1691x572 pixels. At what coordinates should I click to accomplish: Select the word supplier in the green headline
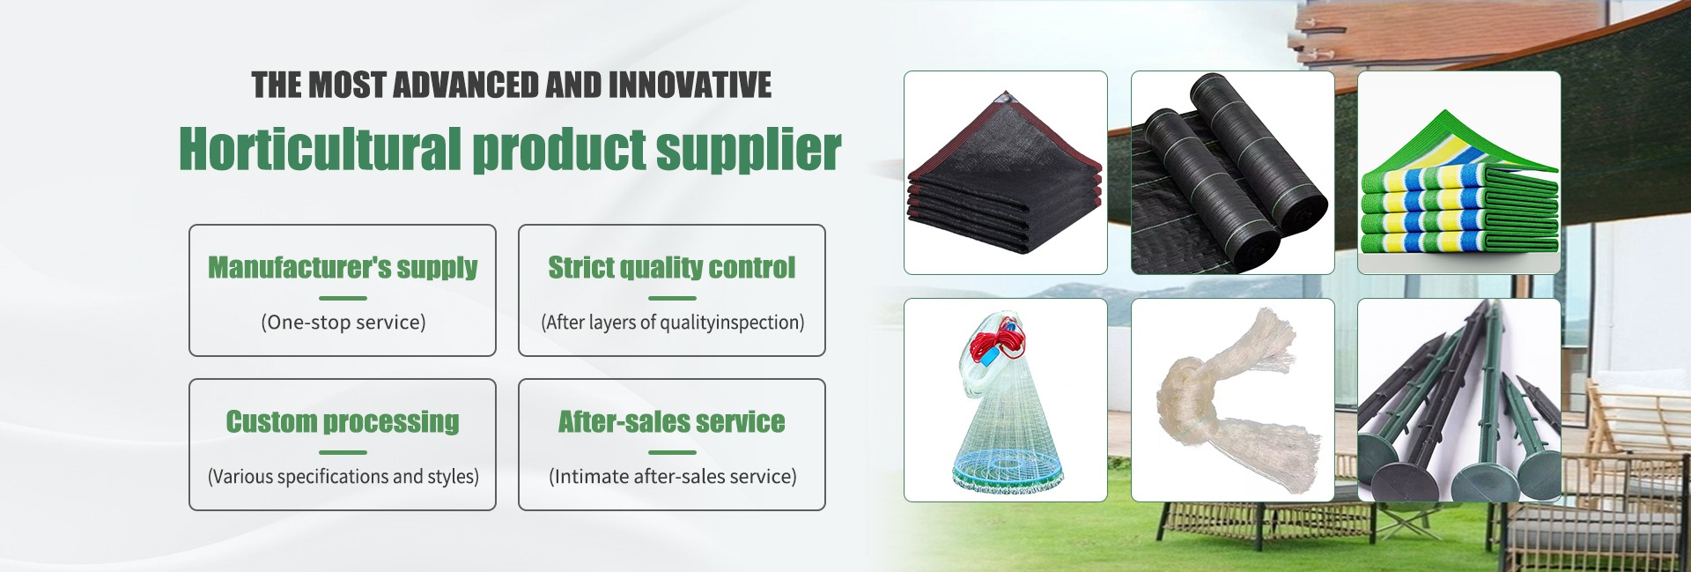(x=749, y=150)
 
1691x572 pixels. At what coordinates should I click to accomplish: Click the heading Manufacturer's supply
(x=343, y=267)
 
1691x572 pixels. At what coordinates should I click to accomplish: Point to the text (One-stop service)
(x=343, y=323)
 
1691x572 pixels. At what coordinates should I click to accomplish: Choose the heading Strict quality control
(x=672, y=267)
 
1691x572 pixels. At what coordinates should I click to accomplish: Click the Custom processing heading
(x=343, y=421)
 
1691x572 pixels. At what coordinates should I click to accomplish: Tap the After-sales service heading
(x=672, y=421)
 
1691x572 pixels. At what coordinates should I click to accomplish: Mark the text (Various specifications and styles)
(x=343, y=477)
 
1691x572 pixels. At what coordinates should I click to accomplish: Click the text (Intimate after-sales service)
(x=673, y=477)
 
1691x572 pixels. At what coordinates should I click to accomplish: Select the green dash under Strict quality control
(x=672, y=298)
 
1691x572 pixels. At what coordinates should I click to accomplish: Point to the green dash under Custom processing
(x=343, y=452)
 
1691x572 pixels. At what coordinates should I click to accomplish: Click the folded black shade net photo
(x=1006, y=173)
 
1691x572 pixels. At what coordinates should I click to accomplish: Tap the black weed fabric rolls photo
(x=1233, y=173)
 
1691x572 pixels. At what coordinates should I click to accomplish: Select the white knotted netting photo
(x=1233, y=400)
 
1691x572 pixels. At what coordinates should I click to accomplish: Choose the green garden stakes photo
(x=1459, y=400)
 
